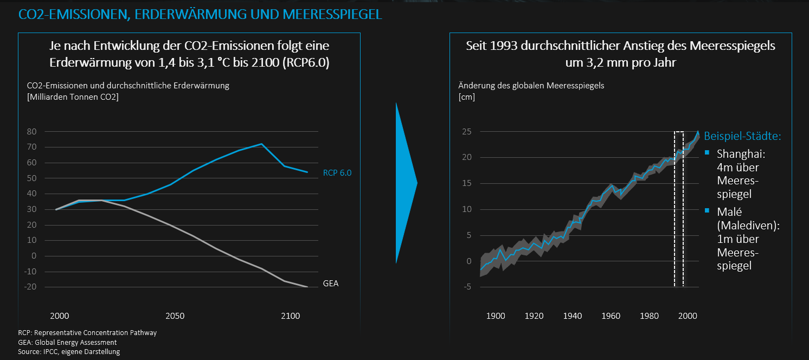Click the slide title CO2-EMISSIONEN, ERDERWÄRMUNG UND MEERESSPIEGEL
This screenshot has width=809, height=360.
200,15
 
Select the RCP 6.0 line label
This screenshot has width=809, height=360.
337,173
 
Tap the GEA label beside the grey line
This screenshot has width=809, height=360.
330,284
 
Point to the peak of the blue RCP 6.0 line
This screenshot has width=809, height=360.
261,144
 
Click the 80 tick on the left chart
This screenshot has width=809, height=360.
32,131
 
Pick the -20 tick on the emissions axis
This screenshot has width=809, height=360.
30,287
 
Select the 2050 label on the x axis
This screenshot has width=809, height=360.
175,316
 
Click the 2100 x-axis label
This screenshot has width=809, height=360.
291,316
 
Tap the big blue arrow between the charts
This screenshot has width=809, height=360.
406,183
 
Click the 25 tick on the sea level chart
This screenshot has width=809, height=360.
467,131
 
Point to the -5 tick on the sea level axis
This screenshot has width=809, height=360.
467,287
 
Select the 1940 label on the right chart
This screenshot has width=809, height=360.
573,316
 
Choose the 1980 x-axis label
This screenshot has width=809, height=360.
650,316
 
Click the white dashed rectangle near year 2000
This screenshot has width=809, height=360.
675,209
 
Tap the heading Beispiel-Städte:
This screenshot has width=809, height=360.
742,136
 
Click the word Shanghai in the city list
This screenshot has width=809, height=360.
741,154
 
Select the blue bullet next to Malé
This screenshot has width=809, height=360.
707,210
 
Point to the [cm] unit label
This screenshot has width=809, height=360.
467,97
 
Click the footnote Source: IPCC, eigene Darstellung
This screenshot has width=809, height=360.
69,352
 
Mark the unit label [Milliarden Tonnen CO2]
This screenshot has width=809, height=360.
73,97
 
